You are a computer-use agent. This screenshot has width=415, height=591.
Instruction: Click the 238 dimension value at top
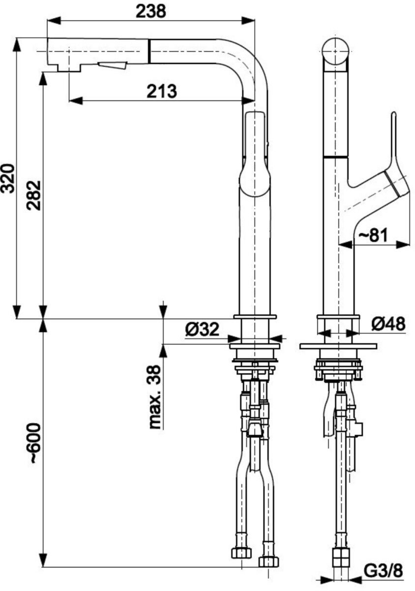(x=151, y=11)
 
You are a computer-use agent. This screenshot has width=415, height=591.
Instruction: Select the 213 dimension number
(x=162, y=91)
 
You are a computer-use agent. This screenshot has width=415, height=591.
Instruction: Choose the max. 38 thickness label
(x=155, y=397)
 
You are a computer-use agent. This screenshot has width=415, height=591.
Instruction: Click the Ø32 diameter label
(x=202, y=328)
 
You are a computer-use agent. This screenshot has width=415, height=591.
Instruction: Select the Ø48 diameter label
(x=388, y=324)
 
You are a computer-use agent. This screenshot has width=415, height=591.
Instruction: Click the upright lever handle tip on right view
(x=393, y=118)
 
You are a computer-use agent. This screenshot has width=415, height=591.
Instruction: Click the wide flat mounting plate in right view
(x=338, y=346)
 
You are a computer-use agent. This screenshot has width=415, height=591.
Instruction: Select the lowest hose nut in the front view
(x=268, y=561)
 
